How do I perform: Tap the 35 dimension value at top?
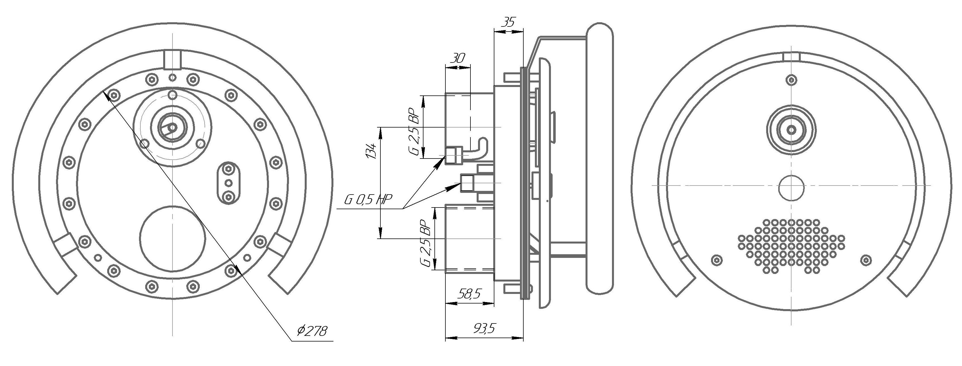click(509, 22)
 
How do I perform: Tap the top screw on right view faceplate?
click(791, 80)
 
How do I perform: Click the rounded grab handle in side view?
click(599, 157)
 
